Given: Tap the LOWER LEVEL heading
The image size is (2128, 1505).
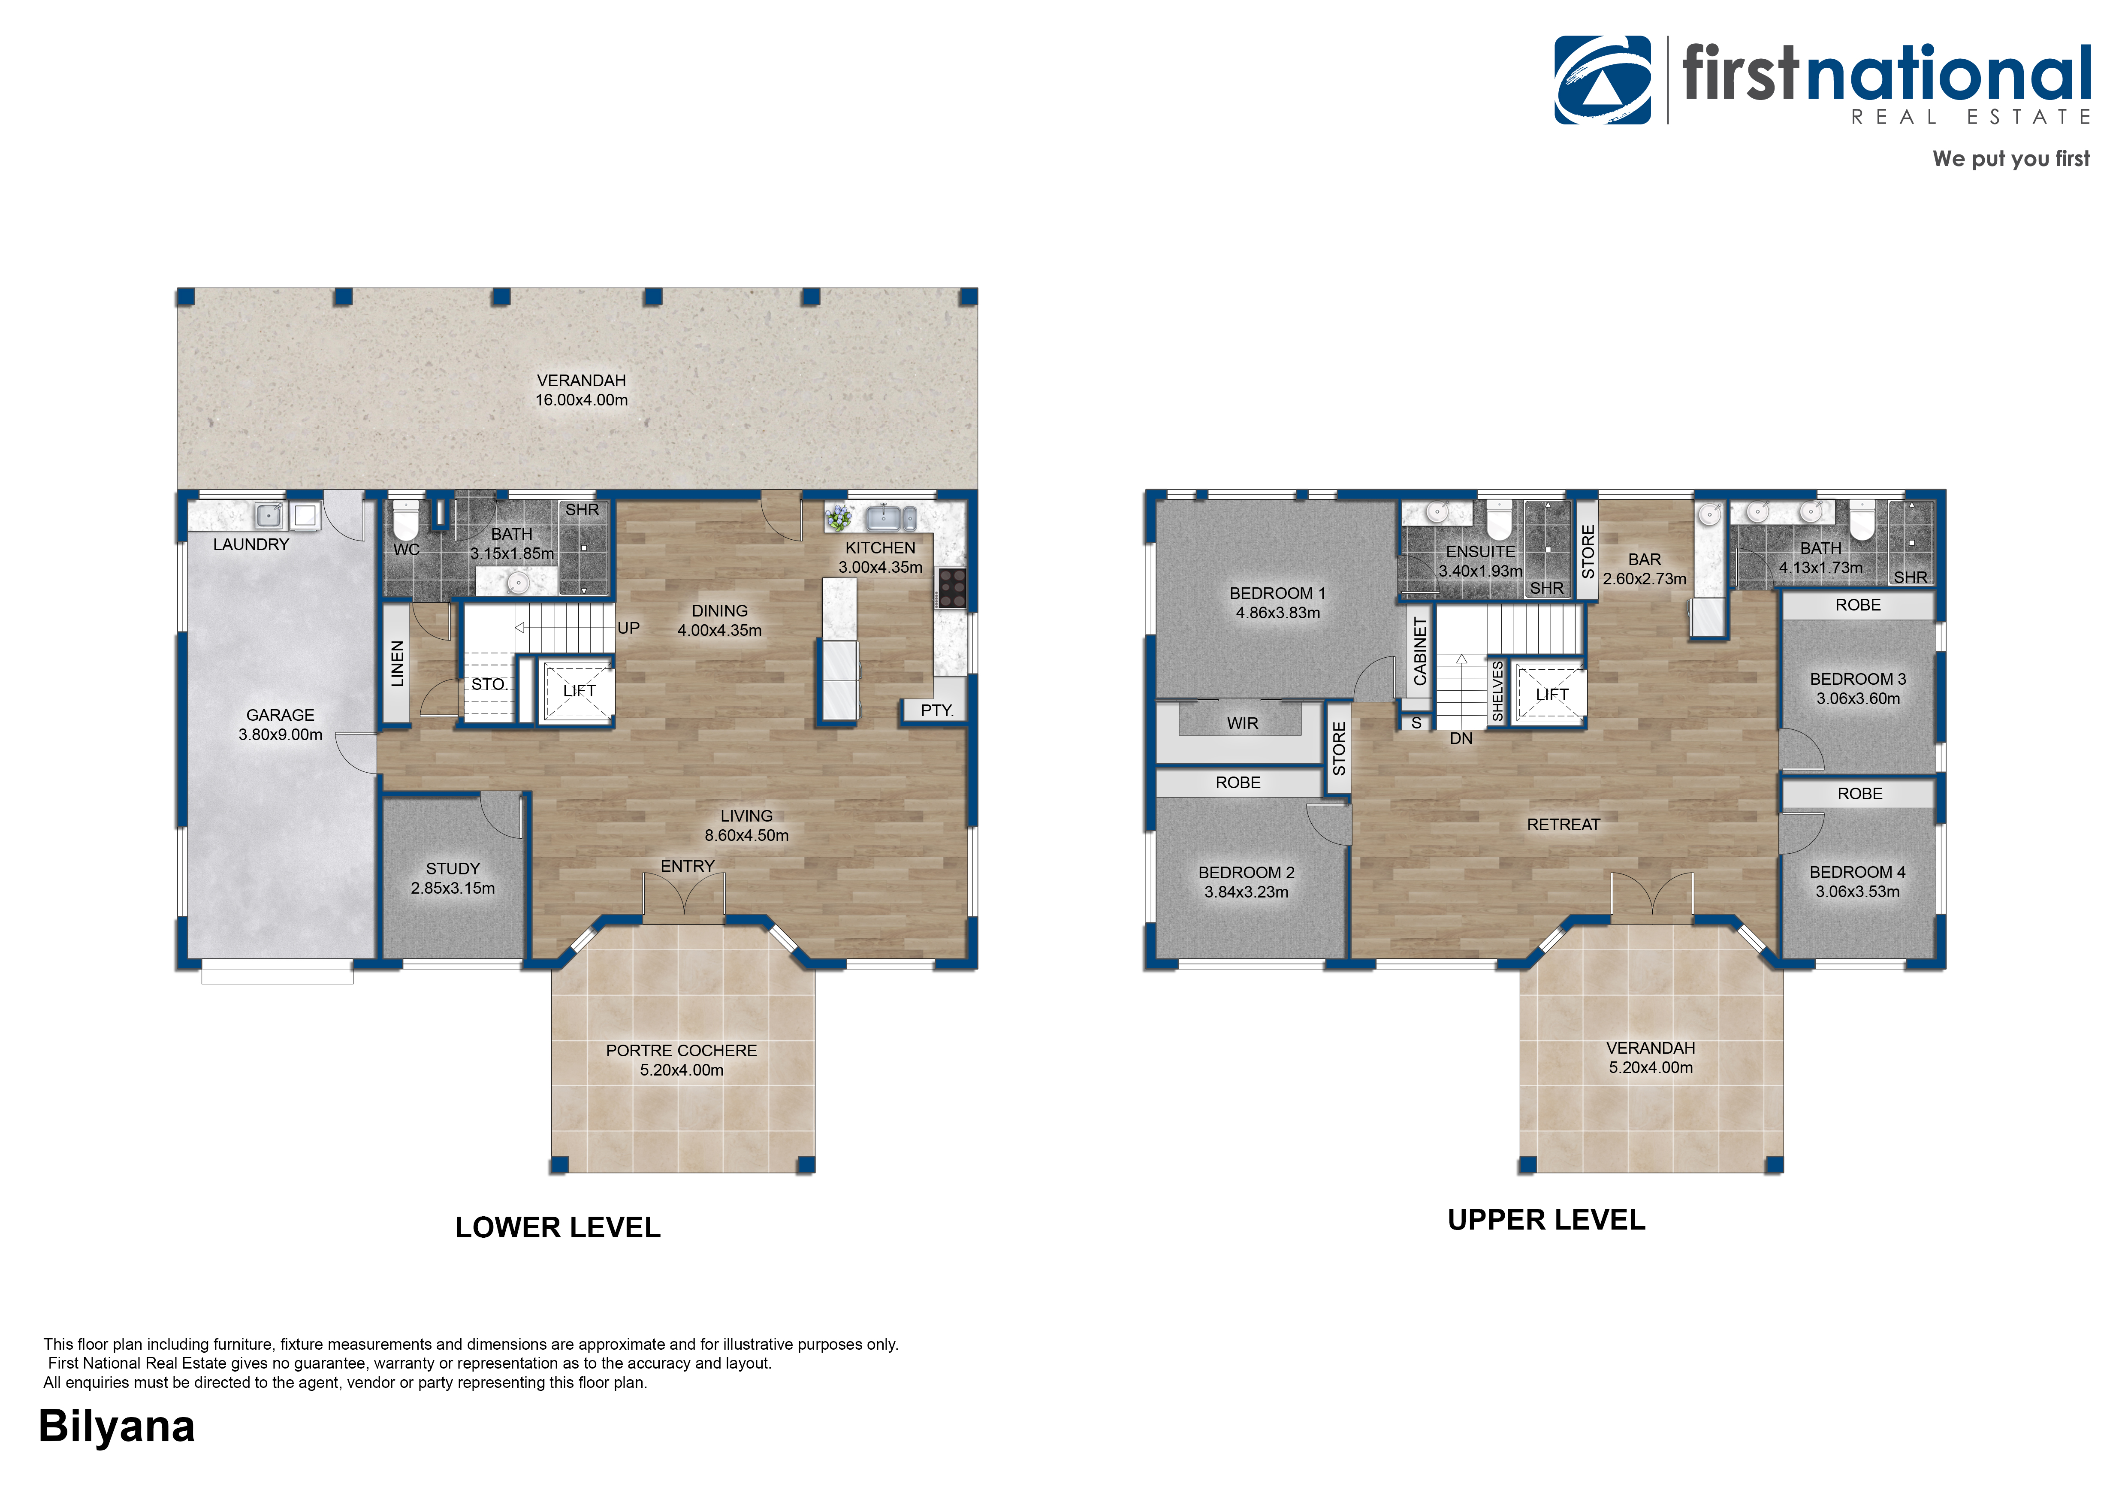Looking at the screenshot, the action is pyautogui.click(x=558, y=1228).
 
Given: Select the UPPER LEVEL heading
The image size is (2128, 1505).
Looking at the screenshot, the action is pyautogui.click(x=1546, y=1221).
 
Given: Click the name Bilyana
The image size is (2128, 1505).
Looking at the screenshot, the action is pyautogui.click(x=117, y=1427).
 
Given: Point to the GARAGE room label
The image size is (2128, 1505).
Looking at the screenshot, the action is pyautogui.click(x=280, y=716).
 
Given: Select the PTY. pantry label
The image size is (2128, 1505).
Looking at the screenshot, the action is pyautogui.click(x=937, y=711).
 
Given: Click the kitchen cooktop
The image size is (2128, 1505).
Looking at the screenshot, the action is pyautogui.click(x=953, y=589).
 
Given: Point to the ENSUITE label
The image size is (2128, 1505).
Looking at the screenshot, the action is pyautogui.click(x=1480, y=551).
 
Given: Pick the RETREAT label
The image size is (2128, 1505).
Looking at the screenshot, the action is pyautogui.click(x=1564, y=825).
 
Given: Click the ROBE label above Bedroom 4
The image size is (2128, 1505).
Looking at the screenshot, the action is pyautogui.click(x=1860, y=794).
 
